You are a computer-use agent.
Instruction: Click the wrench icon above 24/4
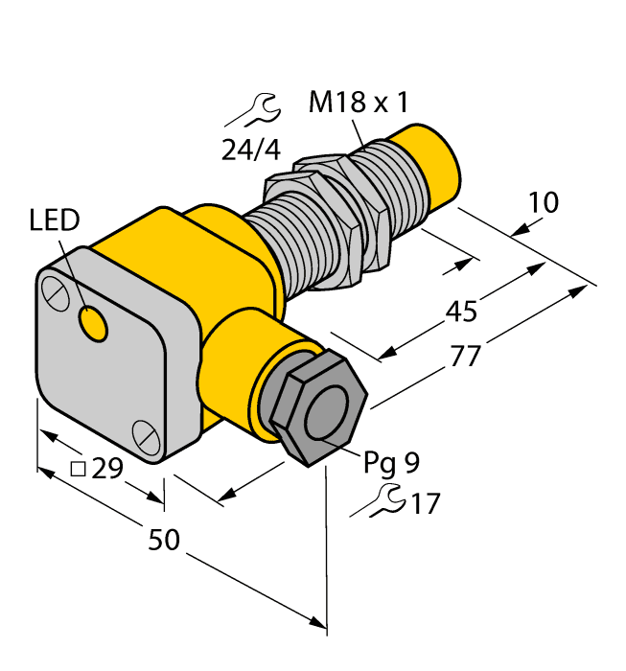tap(253, 112)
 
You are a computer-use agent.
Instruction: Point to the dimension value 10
tap(543, 202)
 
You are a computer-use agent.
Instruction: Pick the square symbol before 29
tap(80, 469)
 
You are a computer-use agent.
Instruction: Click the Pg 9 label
tap(391, 463)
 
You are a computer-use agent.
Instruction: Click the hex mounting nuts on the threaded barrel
tap(331, 216)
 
